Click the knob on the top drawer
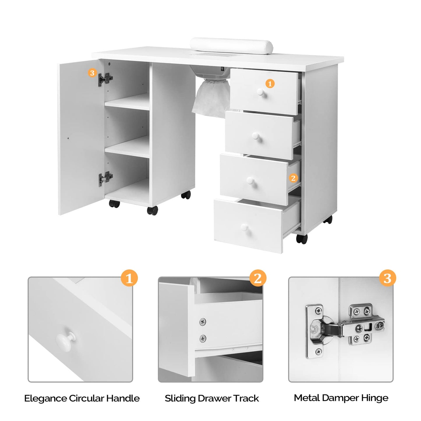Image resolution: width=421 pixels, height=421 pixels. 260,93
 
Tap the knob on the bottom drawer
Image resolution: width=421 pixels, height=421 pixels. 244,227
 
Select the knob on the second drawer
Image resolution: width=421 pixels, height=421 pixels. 256,136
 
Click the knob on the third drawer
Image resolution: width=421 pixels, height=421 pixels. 250,181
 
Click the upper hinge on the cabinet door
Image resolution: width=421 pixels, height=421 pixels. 105,79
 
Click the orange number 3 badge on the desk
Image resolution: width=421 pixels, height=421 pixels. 92,73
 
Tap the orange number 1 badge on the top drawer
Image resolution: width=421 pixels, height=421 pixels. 270,84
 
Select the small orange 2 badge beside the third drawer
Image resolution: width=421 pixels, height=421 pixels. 293,178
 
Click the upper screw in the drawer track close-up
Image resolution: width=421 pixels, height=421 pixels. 202,322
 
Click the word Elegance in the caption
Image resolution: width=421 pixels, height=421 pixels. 45,398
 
